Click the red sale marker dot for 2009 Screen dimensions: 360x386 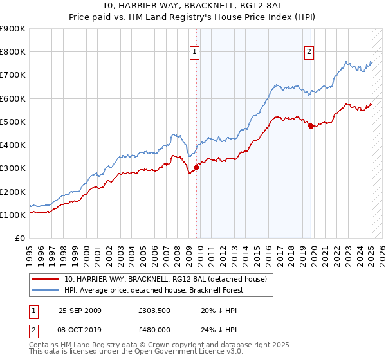(196, 168)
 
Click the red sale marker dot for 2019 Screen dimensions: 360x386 (311, 127)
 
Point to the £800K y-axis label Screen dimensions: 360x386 (12, 52)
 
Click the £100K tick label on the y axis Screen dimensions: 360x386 (12, 215)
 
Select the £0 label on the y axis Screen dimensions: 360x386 (19, 239)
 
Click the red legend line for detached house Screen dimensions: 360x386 (46, 278)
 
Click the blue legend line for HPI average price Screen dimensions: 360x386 (46, 289)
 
